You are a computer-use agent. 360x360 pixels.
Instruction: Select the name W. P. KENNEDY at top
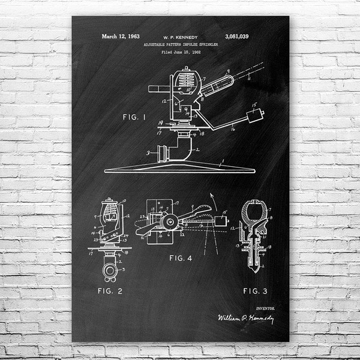click(x=180, y=37)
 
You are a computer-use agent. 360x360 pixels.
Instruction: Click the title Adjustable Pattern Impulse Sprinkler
click(x=180, y=45)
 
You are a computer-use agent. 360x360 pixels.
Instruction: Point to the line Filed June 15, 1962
click(x=180, y=53)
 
